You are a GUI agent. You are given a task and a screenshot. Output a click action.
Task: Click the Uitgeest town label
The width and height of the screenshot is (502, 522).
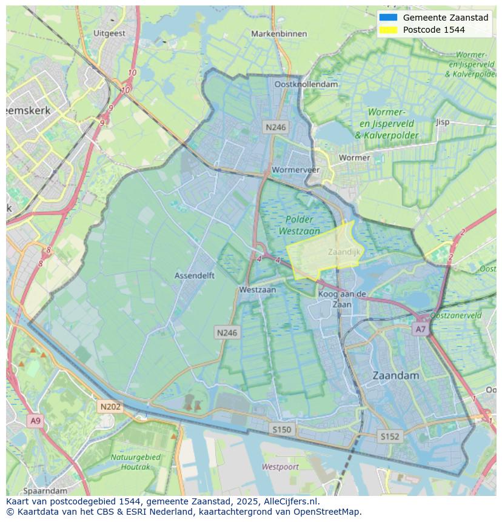point(110,33)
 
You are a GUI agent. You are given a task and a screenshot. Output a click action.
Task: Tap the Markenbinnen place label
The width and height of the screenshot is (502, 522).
point(279,33)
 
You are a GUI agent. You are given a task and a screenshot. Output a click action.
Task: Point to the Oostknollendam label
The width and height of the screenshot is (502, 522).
point(306,84)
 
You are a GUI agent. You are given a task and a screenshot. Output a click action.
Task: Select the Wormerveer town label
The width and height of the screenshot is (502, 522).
point(296,170)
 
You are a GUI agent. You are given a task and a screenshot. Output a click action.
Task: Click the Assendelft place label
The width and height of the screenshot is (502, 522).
point(195,275)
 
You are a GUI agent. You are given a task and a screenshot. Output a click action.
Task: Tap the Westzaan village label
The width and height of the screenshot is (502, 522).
point(257,290)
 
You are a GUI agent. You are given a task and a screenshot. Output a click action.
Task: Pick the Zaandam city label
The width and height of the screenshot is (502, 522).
point(396,375)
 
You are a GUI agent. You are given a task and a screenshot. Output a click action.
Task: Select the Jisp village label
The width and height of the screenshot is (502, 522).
point(443,122)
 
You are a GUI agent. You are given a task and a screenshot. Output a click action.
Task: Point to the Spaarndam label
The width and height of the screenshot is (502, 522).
point(45,490)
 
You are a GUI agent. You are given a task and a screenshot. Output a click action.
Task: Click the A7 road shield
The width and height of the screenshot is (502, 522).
point(420,329)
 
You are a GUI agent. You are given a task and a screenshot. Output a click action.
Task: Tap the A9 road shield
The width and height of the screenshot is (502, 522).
point(35,420)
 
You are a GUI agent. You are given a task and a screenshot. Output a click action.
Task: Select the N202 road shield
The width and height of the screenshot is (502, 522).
point(110,407)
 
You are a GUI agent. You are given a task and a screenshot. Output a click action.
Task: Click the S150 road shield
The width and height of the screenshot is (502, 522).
point(281,429)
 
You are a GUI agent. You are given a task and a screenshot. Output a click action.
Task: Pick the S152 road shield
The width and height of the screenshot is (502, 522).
point(389,436)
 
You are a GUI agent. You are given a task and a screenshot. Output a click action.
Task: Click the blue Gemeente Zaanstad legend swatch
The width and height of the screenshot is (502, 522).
point(388,18)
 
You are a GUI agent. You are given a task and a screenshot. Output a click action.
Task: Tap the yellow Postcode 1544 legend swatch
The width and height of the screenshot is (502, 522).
point(388,30)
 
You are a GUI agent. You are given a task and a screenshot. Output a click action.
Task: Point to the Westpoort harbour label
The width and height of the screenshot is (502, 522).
point(280,467)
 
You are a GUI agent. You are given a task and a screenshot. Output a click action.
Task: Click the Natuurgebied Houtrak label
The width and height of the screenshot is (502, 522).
point(135,461)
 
